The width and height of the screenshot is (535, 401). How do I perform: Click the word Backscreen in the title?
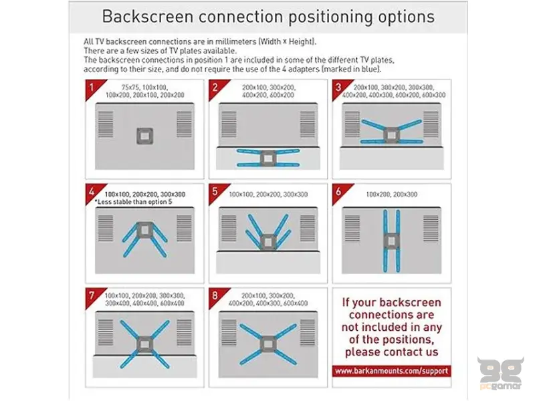147,16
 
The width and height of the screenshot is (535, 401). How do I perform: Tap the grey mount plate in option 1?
144,136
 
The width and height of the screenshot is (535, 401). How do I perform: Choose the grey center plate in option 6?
391,241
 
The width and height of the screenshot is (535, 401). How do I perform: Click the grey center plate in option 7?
144,344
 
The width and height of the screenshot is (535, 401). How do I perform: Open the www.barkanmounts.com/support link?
391,371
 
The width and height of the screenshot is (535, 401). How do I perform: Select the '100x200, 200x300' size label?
391,194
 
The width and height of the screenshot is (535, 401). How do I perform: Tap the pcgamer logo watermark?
500,373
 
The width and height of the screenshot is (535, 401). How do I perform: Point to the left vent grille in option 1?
106,124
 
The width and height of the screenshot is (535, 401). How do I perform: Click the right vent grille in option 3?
431,124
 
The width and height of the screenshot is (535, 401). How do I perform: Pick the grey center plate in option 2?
268,158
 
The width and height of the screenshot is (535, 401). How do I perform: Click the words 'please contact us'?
391,352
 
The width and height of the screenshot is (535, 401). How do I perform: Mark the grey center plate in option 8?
268,344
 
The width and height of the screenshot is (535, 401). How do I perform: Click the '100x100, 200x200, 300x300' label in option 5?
268,194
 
